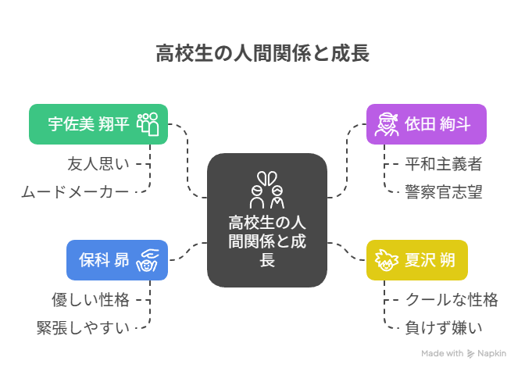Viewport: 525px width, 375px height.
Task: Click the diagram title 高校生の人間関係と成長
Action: [262, 54]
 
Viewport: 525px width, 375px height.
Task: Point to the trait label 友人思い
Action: [98, 163]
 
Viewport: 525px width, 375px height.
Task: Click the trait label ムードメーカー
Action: [76, 191]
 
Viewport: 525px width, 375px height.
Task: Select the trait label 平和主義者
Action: [443, 163]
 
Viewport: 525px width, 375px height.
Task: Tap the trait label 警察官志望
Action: [443, 191]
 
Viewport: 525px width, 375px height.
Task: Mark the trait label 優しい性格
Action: [91, 299]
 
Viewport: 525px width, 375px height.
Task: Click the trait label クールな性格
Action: [451, 299]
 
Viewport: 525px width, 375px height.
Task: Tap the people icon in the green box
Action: [148, 124]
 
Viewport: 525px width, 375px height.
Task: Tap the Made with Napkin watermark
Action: [465, 353]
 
